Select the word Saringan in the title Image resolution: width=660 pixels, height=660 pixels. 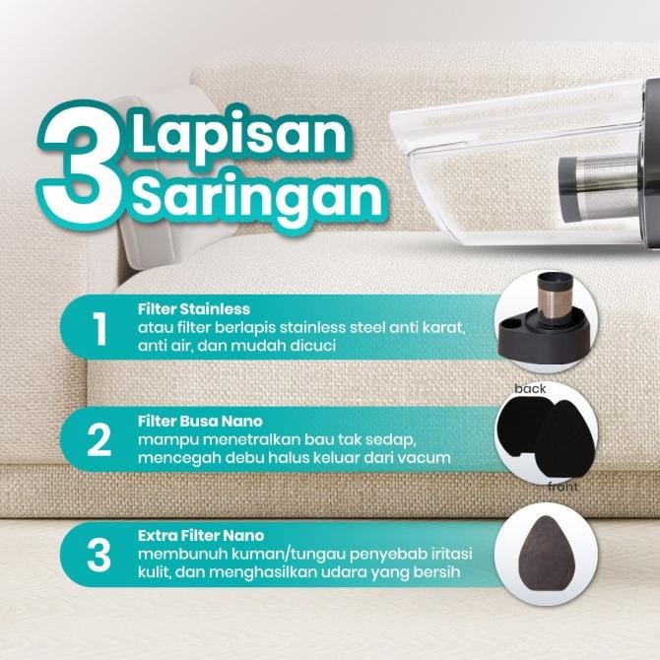coord(258,197)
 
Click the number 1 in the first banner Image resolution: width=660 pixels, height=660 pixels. coord(100,331)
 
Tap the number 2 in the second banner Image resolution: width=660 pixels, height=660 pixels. coord(99,442)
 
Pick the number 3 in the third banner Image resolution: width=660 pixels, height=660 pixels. coord(99,557)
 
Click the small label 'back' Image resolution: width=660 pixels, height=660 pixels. coord(530,390)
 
